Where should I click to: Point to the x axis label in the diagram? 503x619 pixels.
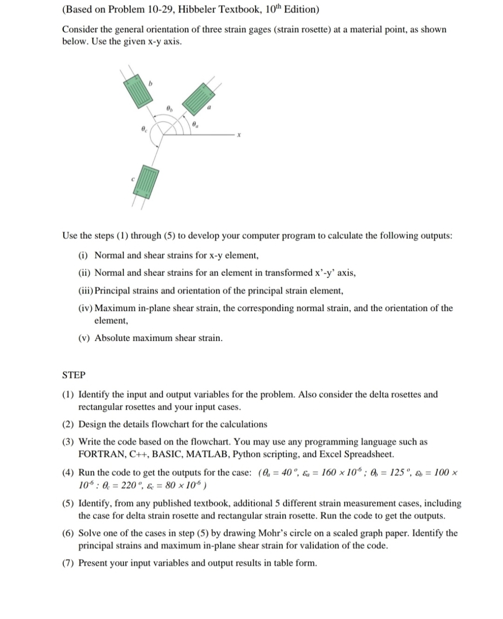pyautogui.click(x=238, y=135)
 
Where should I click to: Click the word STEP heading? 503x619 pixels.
pyautogui.click(x=74, y=375)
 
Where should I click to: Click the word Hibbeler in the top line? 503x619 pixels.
pyautogui.click(x=172, y=10)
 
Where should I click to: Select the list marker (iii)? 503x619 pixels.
pyautogui.click(x=85, y=291)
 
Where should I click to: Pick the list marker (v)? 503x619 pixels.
pyautogui.click(x=85, y=338)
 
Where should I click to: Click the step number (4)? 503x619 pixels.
pyautogui.click(x=68, y=473)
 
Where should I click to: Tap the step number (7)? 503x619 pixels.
pyautogui.click(x=68, y=563)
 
